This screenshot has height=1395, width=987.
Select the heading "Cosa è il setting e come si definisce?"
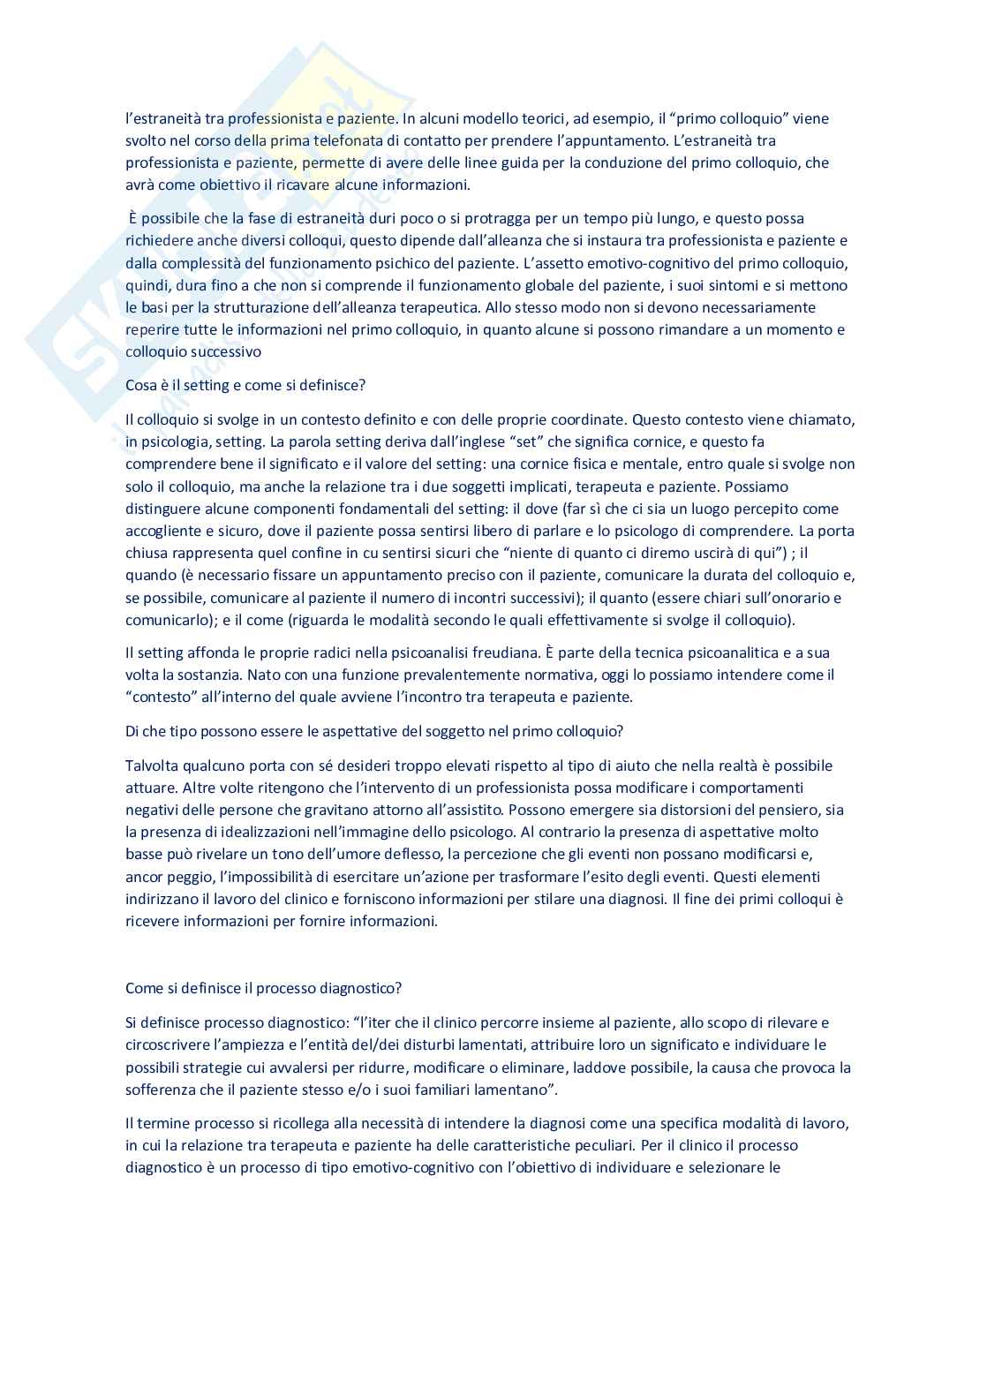(x=245, y=385)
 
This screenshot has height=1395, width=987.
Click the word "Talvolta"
(x=151, y=765)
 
